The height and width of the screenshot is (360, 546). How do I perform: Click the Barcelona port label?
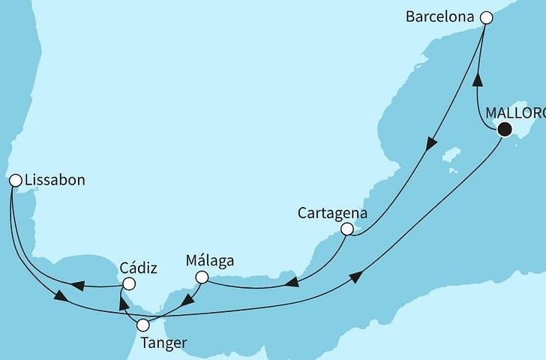click(x=442, y=16)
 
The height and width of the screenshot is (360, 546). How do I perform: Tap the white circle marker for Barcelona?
click(x=486, y=16)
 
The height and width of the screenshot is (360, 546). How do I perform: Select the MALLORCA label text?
click(x=515, y=113)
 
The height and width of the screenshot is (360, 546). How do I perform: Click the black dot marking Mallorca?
click(x=505, y=130)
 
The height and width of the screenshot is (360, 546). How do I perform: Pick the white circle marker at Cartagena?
click(x=346, y=229)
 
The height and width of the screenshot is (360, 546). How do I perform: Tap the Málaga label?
click(x=209, y=261)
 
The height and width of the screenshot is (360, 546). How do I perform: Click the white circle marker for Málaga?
click(x=200, y=277)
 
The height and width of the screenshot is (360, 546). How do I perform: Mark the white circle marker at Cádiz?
click(x=128, y=284)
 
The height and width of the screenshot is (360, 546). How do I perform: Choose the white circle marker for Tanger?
click(x=142, y=325)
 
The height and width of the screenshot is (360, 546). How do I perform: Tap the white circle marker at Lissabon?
click(x=14, y=180)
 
